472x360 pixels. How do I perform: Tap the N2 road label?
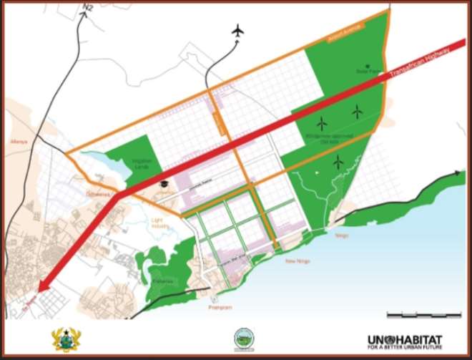tap(88, 7)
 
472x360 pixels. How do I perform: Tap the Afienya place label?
tap(19, 122)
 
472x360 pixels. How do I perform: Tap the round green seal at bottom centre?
tap(244, 339)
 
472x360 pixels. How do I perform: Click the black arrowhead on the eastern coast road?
tap(458, 172)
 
